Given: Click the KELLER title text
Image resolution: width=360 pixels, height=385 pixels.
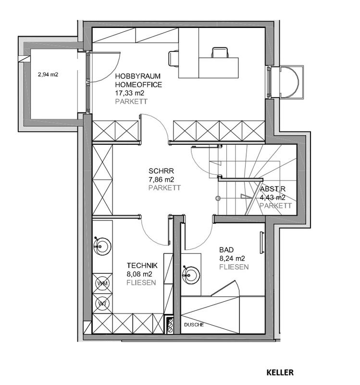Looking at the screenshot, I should pos(280,372).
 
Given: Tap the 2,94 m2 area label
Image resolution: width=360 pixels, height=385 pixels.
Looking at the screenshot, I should pos(48,75).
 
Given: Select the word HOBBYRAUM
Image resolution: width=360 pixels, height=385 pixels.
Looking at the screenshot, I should pos(137,77).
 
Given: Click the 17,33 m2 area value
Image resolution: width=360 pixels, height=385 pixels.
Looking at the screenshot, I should pos(129,93).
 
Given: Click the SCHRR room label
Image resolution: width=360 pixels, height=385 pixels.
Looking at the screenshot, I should pos(161,171).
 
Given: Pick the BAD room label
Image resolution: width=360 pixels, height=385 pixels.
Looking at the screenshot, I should pos(227,250).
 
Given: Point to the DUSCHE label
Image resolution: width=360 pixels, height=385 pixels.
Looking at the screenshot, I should pos(194,325).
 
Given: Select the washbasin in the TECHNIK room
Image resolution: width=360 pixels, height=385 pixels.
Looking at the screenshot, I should pos(101,245).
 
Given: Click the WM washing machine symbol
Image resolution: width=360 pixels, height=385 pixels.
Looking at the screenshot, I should pos(102,283).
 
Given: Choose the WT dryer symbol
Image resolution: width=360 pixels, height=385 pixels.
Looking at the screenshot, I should pos(102,304).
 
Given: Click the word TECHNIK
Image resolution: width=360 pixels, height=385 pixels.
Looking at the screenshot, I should pos(142,265).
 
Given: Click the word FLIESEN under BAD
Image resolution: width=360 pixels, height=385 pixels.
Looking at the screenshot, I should pos(234,267).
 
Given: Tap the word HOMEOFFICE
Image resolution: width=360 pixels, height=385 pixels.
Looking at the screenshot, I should pos(139,85).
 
